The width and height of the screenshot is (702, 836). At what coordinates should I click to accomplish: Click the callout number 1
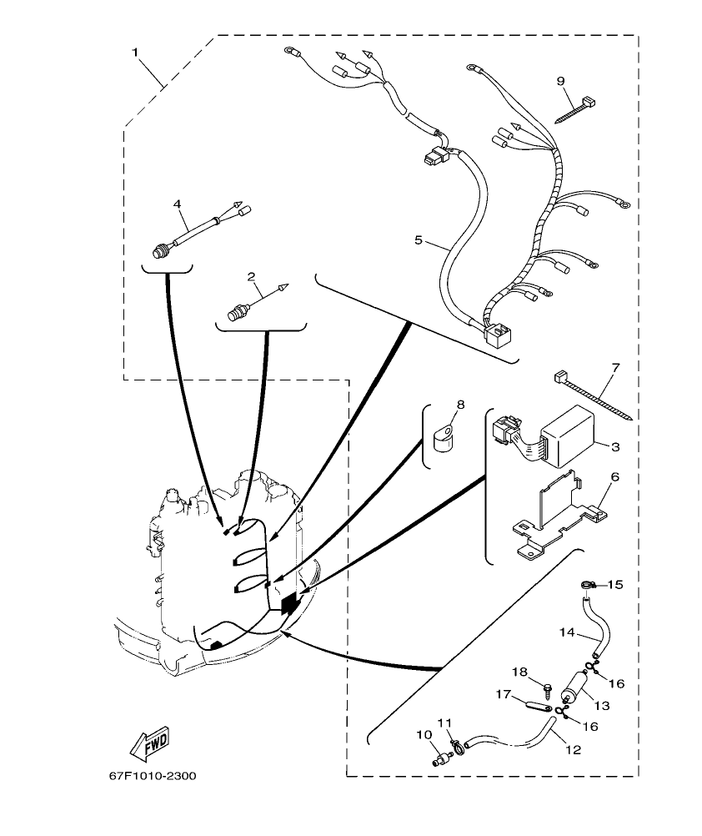pos(135,52)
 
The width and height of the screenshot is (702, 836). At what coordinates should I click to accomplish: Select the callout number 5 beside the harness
pos(419,240)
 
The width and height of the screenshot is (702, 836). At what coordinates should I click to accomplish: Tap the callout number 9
pos(561,80)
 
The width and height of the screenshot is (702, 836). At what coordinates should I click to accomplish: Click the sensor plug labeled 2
pos(240,313)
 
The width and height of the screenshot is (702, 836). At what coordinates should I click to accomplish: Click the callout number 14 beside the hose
pos(567,633)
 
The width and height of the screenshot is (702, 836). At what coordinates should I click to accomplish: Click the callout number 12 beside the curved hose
pos(572,749)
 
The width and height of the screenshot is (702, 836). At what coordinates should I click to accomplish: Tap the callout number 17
pos(504,692)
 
